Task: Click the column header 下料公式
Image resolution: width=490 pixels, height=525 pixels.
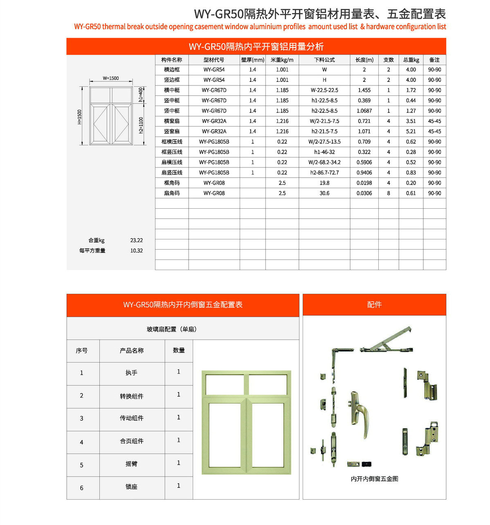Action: click(324, 60)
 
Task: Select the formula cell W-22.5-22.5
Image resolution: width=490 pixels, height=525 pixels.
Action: click(324, 90)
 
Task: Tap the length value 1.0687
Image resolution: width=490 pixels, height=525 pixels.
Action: click(364, 111)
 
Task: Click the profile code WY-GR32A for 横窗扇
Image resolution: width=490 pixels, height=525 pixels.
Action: click(214, 121)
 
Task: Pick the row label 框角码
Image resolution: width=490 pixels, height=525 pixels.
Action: click(172, 183)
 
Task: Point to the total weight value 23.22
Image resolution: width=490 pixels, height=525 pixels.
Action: click(137, 241)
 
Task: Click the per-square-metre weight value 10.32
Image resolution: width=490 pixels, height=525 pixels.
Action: click(137, 251)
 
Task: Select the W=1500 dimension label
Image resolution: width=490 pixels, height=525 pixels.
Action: click(111, 78)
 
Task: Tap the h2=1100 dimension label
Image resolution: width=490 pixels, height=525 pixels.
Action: click(141, 125)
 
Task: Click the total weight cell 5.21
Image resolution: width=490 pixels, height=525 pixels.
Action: click(411, 131)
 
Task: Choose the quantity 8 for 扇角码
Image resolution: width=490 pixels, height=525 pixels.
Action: click(389, 193)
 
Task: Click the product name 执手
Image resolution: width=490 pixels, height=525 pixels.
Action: click(131, 373)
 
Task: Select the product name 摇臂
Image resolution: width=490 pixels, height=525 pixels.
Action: click(131, 464)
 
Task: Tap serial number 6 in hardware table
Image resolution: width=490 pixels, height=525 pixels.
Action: click(81, 488)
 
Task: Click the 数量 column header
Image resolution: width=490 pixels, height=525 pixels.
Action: click(179, 350)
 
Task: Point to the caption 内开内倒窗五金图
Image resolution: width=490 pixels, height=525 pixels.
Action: click(374, 479)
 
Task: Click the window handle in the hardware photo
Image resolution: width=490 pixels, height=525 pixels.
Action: click(358, 411)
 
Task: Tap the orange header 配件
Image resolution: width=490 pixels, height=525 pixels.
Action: click(374, 304)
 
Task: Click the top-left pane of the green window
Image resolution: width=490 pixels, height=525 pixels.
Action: click(225, 385)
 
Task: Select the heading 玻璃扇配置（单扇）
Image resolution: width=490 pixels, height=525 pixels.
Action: click(172, 329)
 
